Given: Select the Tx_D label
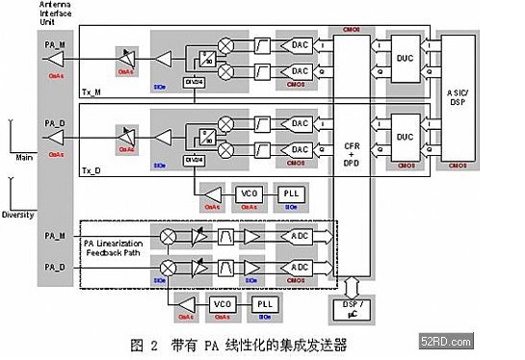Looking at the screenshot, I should (92, 171).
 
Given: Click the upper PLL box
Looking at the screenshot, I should (289, 194).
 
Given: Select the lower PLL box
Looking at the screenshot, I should (263, 304).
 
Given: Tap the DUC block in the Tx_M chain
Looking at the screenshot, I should (405, 58).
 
